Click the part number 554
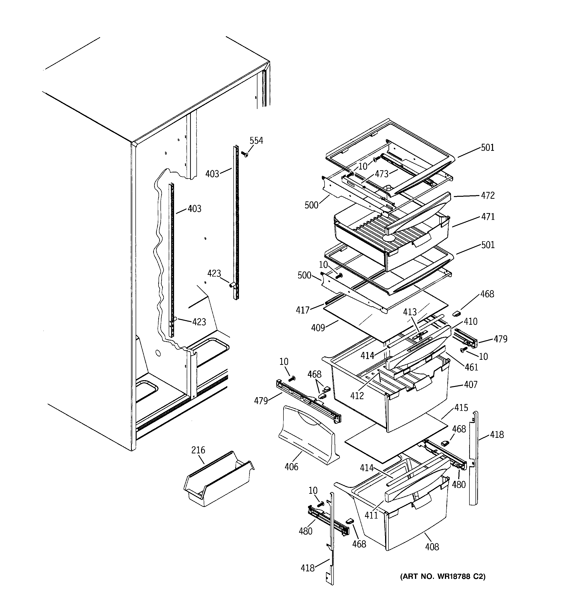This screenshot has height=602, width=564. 256,141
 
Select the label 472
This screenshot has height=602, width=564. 488,195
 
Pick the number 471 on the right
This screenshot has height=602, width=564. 488,216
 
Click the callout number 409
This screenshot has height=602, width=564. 318,328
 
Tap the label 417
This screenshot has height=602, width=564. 302,310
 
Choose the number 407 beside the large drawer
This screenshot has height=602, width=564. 470,385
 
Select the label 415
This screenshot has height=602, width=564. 461,408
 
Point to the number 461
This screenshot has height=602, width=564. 471,367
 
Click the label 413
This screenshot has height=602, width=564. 410,312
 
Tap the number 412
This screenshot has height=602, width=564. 357,395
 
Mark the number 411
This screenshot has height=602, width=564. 371,515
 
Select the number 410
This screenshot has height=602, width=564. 470,321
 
